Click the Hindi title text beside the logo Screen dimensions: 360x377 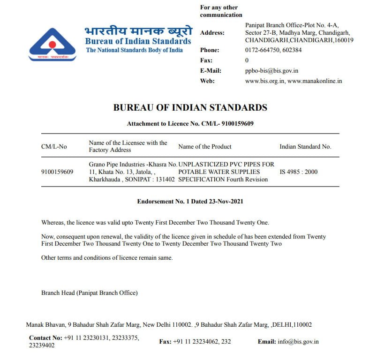(138, 31)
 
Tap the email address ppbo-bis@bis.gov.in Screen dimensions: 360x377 (271, 71)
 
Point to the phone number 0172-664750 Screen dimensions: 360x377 (260, 50)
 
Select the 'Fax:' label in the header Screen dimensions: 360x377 (206, 60)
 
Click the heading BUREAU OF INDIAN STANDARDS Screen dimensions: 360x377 (190, 107)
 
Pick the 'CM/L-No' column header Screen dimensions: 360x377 (54, 147)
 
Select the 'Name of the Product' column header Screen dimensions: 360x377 (205, 147)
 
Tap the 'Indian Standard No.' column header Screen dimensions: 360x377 (305, 147)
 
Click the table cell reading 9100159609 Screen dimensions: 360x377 (57, 172)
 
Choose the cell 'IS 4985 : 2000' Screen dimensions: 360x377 (298, 172)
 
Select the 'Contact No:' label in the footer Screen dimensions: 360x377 (45, 337)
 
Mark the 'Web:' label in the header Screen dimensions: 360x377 (207, 81)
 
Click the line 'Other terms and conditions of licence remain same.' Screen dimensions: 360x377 (107, 258)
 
